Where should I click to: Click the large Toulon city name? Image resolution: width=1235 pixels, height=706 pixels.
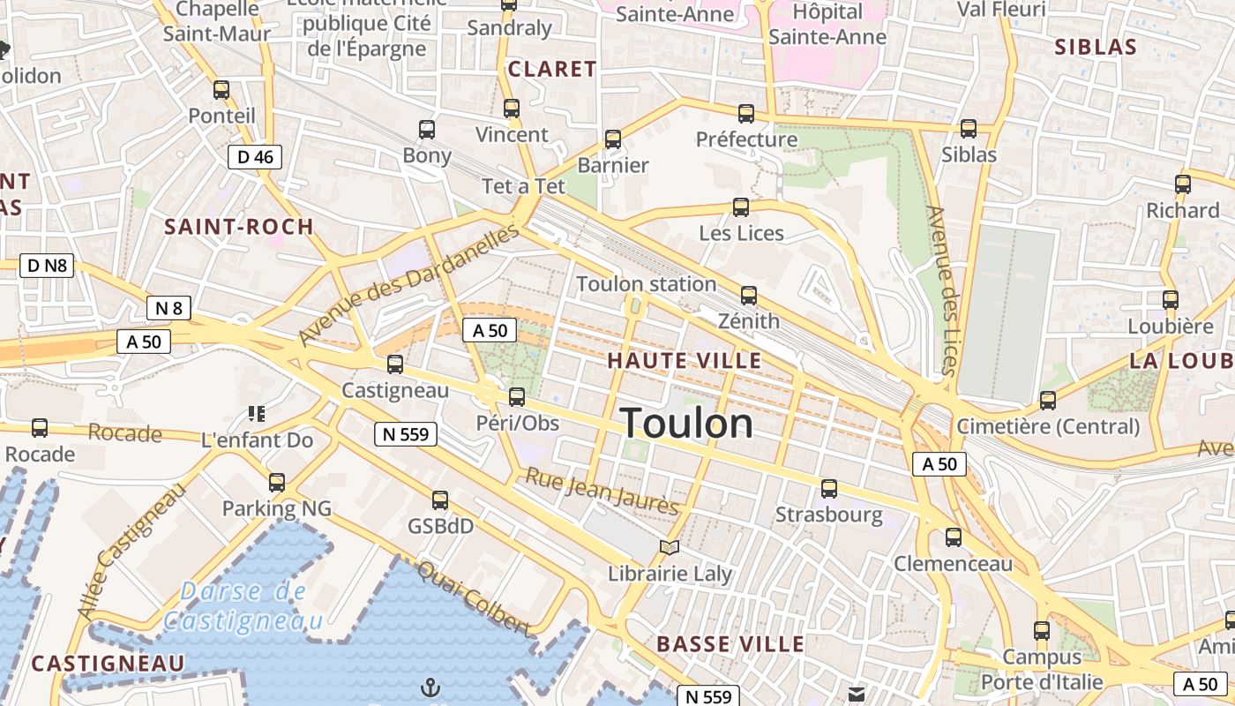(x=687, y=424)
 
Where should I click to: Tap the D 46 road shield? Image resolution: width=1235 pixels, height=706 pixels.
(x=256, y=157)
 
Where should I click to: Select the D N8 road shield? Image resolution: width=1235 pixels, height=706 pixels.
(x=47, y=265)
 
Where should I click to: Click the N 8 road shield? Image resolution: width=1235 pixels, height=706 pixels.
(x=168, y=308)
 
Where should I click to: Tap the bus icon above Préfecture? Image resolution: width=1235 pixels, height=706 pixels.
(x=746, y=113)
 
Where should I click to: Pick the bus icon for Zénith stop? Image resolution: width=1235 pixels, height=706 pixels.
(x=749, y=295)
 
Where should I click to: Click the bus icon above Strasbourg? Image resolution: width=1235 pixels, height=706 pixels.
(x=829, y=488)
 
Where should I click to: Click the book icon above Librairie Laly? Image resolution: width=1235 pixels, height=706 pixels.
(x=670, y=548)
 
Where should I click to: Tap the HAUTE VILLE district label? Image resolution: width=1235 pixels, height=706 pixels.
(x=684, y=360)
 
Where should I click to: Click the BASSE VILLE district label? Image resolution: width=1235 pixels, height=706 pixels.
(x=730, y=644)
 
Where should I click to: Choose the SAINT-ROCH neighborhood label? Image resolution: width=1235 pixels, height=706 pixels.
(x=239, y=227)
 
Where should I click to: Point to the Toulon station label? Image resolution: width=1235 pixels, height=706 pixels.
(x=646, y=284)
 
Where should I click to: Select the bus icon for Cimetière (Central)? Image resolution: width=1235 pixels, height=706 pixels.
(x=1048, y=400)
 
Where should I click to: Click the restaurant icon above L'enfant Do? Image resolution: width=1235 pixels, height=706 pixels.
(x=257, y=413)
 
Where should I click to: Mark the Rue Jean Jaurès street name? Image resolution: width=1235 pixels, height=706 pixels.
(x=603, y=491)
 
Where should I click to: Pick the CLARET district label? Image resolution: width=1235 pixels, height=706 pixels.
(x=552, y=69)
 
